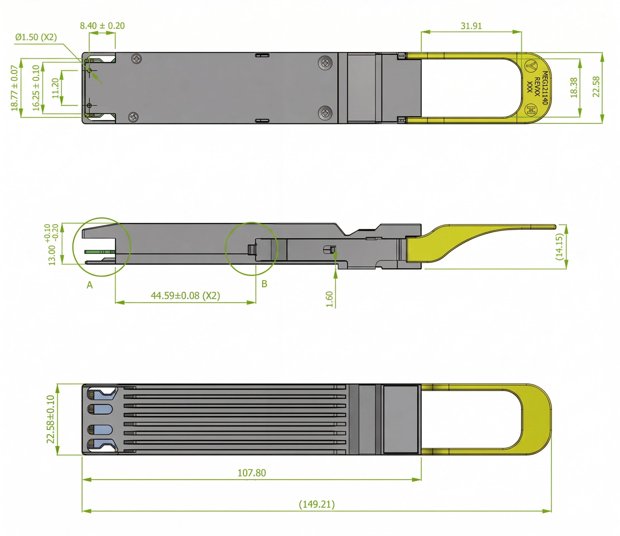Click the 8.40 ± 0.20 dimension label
click(102, 26)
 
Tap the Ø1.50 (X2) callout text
click(36, 37)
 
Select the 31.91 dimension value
click(471, 26)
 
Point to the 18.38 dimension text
click(574, 88)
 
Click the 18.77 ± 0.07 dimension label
click(14, 88)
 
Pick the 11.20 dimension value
click(55, 88)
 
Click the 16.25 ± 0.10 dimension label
click(36, 88)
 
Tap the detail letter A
click(90, 285)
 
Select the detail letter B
click(264, 284)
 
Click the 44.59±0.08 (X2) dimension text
click(186, 296)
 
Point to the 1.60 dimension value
click(330, 300)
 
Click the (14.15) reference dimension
click(559, 247)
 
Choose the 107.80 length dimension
click(252, 473)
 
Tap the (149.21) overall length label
click(317, 504)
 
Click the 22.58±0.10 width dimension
click(51, 419)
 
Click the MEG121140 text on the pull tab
click(545, 88)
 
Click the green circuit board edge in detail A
click(100, 252)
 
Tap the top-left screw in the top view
click(136, 58)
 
